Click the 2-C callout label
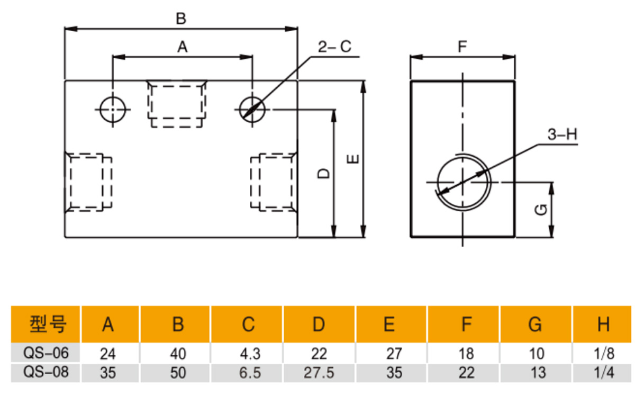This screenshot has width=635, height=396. point(334,47)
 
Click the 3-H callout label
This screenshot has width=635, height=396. point(561,135)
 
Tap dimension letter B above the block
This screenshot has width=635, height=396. point(181,19)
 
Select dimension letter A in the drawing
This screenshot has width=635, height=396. point(183,48)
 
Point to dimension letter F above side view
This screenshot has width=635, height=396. point(462,47)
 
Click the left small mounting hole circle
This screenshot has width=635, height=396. point(113,110)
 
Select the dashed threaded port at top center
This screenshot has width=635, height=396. point(177,104)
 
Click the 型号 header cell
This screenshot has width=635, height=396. point(47,324)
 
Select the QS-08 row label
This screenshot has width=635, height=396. point(47,372)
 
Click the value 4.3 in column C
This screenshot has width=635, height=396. point(248,353)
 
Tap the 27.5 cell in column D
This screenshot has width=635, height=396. point(319,373)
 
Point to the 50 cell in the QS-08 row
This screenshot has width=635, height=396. point(178,373)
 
